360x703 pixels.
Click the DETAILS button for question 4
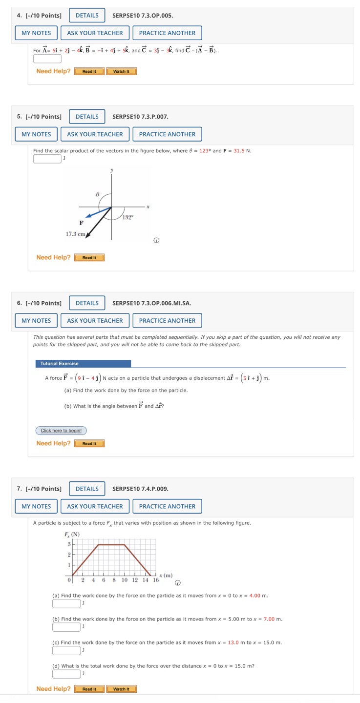click(x=87, y=16)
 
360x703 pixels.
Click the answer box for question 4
click(x=47, y=59)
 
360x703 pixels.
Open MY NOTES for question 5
click(x=36, y=134)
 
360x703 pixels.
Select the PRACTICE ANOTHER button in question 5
click(x=167, y=134)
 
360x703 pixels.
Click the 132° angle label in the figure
click(x=127, y=218)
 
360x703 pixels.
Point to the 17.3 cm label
click(x=76, y=234)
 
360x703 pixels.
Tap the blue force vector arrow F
click(x=98, y=212)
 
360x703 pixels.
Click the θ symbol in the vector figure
click(x=97, y=194)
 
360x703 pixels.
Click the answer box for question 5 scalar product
click(x=47, y=158)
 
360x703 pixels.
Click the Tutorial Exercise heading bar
click(x=83, y=364)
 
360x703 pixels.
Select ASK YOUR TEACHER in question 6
click(x=95, y=321)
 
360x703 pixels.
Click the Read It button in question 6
click(x=89, y=444)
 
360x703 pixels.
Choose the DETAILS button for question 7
click(x=87, y=489)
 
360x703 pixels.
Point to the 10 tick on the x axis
click(x=125, y=580)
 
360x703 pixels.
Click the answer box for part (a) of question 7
click(x=66, y=603)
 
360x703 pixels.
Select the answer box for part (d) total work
click(x=66, y=674)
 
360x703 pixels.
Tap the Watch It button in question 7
click(x=121, y=689)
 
